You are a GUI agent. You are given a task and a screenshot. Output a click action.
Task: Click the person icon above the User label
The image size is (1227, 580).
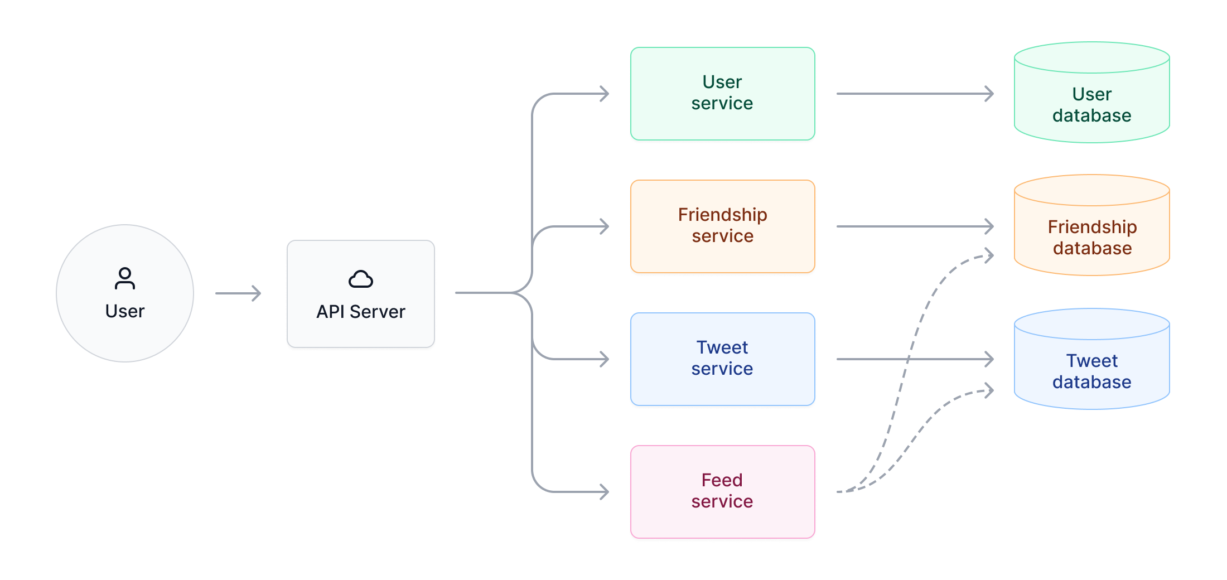click(124, 278)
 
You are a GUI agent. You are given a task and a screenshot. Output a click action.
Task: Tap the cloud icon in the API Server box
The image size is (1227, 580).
click(360, 279)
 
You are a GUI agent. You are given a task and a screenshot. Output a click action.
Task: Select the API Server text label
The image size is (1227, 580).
click(360, 311)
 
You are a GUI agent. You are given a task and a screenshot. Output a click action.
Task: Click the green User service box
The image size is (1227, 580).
click(722, 93)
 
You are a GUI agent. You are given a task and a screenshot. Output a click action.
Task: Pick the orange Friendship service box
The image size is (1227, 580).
click(722, 226)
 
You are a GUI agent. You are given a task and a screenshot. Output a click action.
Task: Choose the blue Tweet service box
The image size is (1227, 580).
click(722, 359)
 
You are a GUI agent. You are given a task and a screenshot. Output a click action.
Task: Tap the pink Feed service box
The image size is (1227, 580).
click(722, 491)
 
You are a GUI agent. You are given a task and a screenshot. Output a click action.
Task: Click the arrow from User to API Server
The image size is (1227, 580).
click(238, 293)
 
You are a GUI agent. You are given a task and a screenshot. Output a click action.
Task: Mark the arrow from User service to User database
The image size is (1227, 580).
click(915, 93)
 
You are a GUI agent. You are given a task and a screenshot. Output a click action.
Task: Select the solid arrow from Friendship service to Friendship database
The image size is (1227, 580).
click(915, 226)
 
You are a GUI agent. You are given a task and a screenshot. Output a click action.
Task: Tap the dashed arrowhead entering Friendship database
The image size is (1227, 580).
click(989, 255)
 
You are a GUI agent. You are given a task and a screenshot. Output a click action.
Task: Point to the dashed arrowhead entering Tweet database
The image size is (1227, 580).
click(989, 390)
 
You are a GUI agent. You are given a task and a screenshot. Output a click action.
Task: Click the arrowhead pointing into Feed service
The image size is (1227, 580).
click(603, 491)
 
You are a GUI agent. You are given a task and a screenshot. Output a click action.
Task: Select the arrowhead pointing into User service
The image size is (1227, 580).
click(603, 93)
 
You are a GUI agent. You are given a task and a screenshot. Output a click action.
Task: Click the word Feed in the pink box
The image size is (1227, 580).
click(722, 480)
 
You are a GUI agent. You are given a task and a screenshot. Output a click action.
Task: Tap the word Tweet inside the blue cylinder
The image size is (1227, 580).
click(1091, 361)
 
